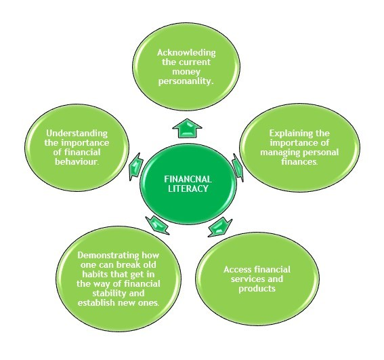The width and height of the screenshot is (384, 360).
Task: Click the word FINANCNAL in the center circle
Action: [x=188, y=179]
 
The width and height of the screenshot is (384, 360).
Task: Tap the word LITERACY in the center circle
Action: [x=188, y=188]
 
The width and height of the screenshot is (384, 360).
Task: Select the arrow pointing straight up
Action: [x=187, y=128]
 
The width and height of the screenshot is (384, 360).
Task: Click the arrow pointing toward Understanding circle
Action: [x=136, y=167]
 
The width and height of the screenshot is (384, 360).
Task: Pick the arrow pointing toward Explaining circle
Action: [x=238, y=167]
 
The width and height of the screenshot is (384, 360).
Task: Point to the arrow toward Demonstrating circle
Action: [x=156, y=225]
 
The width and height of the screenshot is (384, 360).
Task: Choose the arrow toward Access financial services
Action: [x=220, y=227]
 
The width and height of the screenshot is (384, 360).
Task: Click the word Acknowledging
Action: [x=186, y=53]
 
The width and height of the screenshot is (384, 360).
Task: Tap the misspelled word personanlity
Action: [x=186, y=81]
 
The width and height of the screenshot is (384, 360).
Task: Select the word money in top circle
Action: [x=186, y=72]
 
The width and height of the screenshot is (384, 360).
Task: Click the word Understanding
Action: [x=77, y=134]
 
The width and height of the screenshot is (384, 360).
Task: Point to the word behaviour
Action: [x=77, y=161]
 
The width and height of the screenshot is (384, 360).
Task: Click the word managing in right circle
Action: [x=280, y=153]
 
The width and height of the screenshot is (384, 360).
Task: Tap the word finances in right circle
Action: [x=299, y=161]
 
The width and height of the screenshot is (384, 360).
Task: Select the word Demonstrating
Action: [x=108, y=256]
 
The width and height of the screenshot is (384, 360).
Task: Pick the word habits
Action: [x=94, y=274]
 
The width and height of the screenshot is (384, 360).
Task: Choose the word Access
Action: [x=237, y=270]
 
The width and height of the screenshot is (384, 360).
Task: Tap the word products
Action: [x=257, y=288]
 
